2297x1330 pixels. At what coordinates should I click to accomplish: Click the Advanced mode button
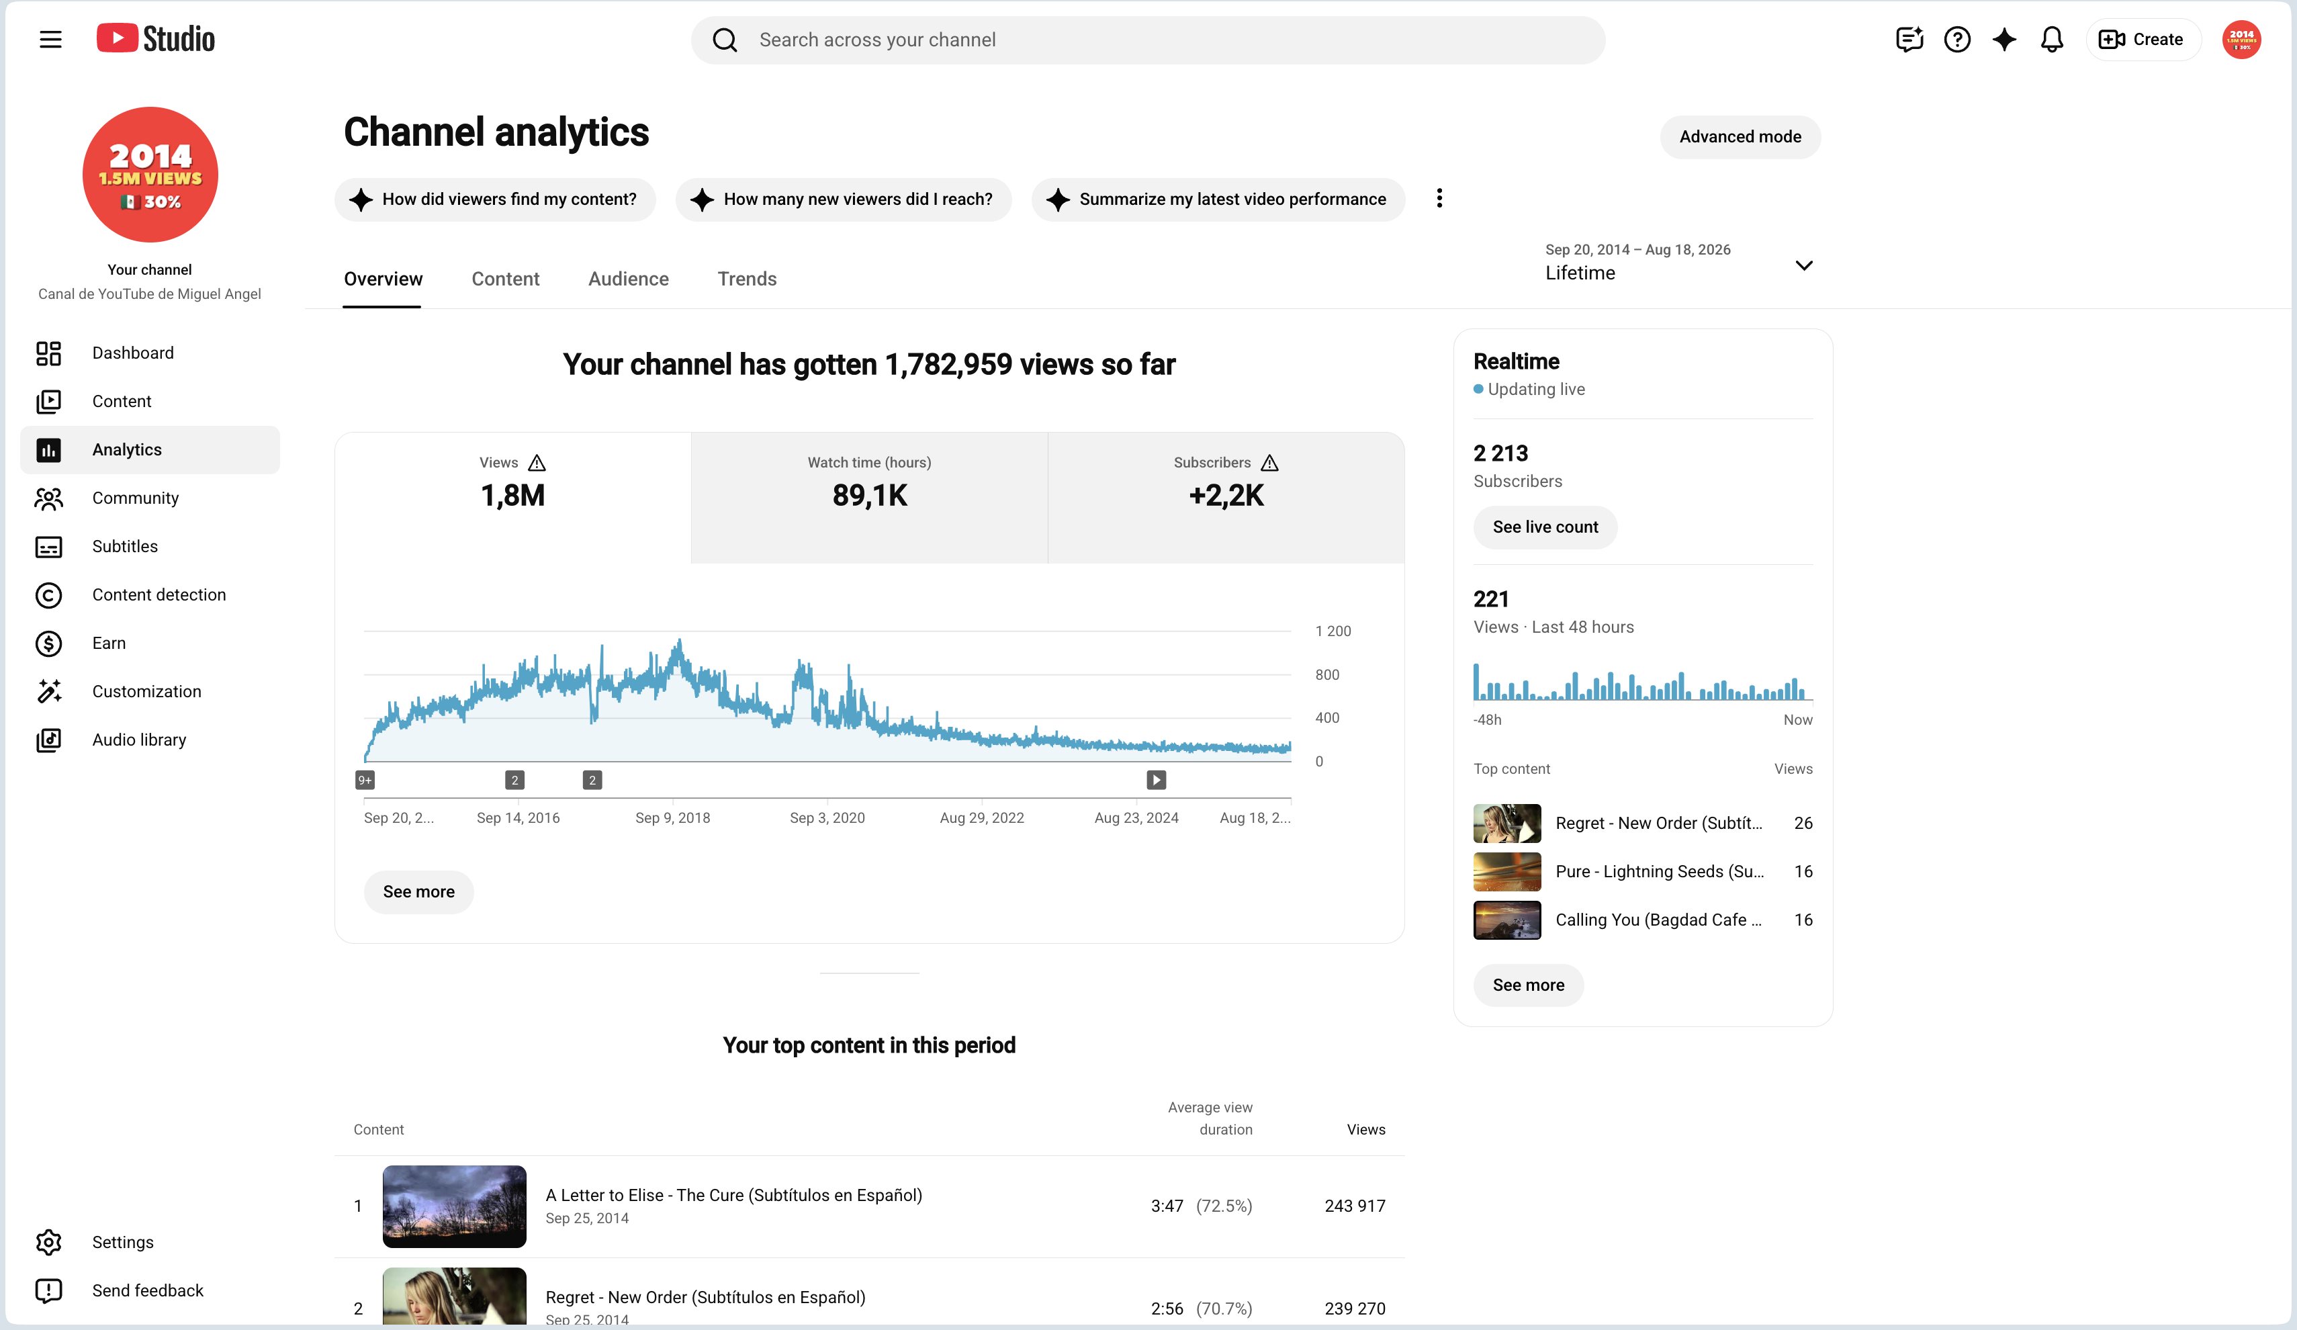pos(1739,137)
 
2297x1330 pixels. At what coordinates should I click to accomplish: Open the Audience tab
pos(628,279)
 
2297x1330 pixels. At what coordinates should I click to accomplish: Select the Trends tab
pos(747,279)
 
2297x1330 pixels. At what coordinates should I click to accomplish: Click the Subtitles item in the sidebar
pos(125,546)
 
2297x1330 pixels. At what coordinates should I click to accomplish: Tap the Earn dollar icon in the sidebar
pos(48,644)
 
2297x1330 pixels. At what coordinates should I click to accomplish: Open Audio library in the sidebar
pos(138,740)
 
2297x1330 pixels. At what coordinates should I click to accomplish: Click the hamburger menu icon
pos(51,39)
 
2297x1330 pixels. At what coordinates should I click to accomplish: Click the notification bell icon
pos(2051,39)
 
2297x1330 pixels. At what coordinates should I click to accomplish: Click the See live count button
pos(1545,527)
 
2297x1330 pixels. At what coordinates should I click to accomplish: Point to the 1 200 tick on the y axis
pos(1333,631)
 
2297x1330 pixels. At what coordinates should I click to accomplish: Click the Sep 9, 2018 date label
pos(673,817)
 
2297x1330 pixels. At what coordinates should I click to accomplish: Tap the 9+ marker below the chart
pos(365,781)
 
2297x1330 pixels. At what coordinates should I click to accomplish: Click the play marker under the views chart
pos(1156,781)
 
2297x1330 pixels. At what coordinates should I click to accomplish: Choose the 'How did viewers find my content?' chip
pos(495,199)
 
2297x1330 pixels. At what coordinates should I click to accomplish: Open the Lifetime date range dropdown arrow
pos(1803,265)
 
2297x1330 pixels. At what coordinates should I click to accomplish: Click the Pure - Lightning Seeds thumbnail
pos(1506,871)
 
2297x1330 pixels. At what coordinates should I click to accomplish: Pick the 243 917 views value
pos(1355,1206)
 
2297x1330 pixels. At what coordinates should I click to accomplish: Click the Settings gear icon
pos(48,1243)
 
